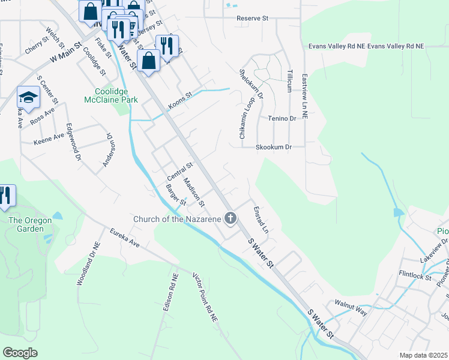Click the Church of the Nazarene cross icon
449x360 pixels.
[230, 218]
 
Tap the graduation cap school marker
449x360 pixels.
[28, 96]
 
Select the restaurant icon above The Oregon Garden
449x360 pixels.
[5, 195]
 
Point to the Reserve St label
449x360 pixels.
[252, 19]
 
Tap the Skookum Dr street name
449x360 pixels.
[273, 146]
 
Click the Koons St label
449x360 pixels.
[179, 99]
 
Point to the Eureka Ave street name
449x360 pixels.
[124, 237]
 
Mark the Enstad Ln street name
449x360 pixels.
[260, 220]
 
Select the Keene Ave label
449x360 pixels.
[49, 137]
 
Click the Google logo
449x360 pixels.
[20, 352]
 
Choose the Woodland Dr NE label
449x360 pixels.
[88, 263]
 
